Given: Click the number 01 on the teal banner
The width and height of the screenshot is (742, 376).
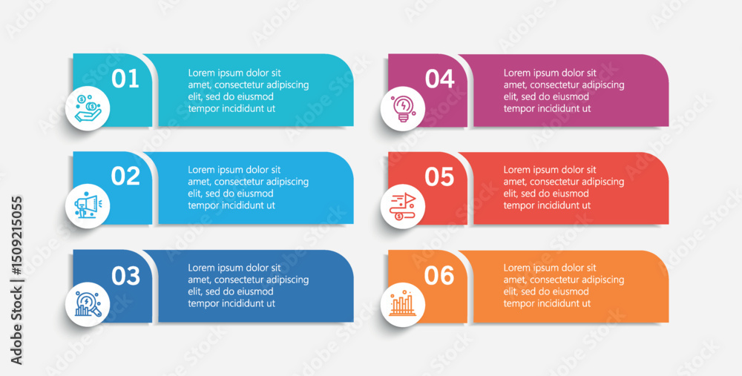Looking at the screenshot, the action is point(125,79).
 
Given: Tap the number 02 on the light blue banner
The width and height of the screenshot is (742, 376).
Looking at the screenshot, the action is point(125,176).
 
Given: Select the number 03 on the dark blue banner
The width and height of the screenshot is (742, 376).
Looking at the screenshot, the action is point(126,276).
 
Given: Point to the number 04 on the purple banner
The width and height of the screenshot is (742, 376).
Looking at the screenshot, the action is point(439,79).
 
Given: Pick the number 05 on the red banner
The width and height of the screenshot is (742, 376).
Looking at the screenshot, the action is point(439,177).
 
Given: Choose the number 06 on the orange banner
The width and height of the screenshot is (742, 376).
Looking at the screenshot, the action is point(439,275).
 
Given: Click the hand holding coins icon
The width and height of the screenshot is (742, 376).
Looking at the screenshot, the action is point(88,108).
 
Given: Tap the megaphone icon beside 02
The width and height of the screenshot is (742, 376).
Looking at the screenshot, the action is point(86,205).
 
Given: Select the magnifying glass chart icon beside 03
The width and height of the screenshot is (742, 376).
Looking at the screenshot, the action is point(88,304).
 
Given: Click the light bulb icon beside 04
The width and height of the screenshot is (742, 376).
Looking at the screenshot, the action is point(403,109).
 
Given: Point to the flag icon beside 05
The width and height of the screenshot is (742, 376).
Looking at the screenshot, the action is point(402,207).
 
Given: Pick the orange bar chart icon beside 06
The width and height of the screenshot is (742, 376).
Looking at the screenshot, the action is point(402,303).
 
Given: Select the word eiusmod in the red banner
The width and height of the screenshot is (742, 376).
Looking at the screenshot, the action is point(571,194).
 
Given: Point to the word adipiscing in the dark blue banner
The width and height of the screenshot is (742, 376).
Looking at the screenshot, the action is point(287,280).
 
